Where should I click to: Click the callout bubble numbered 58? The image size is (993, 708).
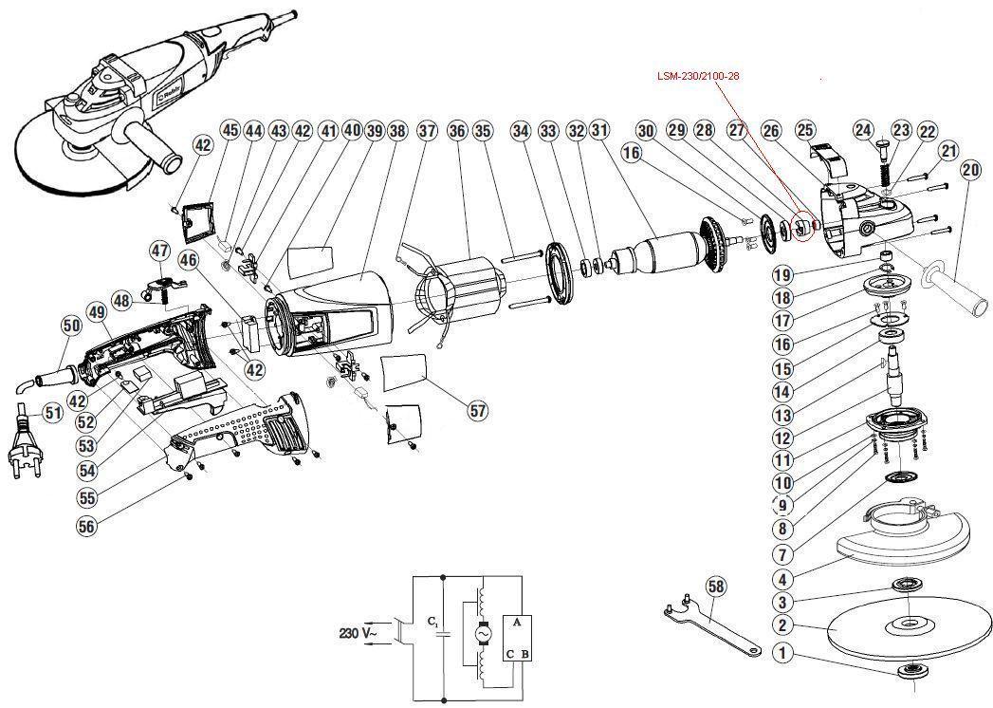click(x=716, y=587)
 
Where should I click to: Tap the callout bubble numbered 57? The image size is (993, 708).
click(x=478, y=410)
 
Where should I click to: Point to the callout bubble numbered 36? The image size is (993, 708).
click(x=456, y=131)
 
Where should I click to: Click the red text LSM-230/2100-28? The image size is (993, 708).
click(x=698, y=76)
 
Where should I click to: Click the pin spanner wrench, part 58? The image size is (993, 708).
click(x=709, y=625)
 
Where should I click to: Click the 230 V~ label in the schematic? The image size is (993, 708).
click(x=358, y=633)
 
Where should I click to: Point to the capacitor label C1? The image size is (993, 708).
click(x=432, y=622)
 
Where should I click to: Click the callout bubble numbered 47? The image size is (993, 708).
click(x=159, y=251)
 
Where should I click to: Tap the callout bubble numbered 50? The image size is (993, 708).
click(x=71, y=326)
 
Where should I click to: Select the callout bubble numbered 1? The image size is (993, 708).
click(x=783, y=653)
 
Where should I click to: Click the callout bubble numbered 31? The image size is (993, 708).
click(x=599, y=131)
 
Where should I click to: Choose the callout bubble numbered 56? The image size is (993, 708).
click(x=86, y=526)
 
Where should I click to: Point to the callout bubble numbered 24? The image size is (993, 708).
click(x=863, y=130)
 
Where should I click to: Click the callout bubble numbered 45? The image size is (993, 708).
click(x=230, y=131)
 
